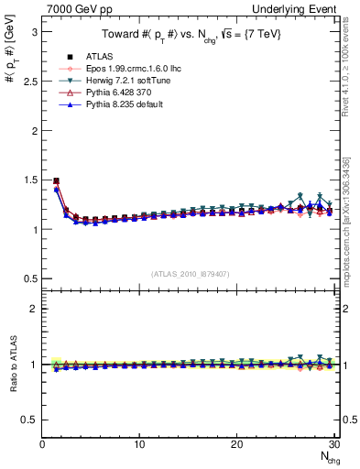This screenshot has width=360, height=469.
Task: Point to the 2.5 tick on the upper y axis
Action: click(30, 81)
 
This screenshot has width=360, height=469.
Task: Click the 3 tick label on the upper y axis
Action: click(34, 31)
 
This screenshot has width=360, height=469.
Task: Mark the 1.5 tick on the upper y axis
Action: click(30, 180)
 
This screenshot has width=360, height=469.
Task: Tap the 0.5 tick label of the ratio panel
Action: click(30, 420)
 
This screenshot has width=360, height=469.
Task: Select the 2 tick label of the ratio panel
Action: click(34, 309)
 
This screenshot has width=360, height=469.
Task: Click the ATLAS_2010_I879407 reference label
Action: click(190, 274)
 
